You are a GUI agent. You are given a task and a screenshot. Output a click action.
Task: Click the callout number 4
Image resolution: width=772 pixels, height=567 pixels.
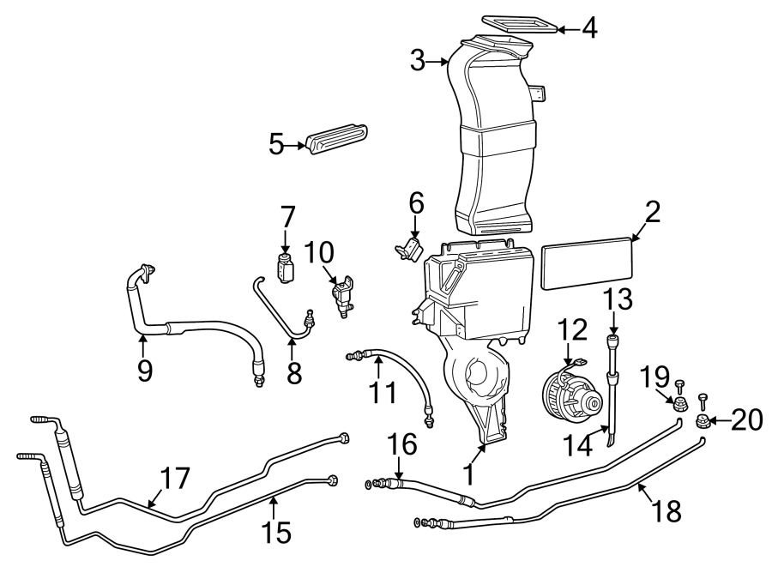coord(588,28)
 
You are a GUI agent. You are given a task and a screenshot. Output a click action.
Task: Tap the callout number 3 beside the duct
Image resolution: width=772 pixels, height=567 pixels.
coord(418,60)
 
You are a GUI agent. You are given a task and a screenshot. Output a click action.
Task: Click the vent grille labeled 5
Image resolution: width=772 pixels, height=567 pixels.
coord(337,141)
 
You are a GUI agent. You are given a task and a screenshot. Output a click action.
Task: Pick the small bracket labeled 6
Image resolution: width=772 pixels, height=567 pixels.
coord(408,249)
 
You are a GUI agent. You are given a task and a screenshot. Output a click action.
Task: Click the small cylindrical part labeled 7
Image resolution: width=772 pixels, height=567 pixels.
coord(286,268)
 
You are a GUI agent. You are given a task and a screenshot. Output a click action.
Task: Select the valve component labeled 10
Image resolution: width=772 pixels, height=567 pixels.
coord(343,293)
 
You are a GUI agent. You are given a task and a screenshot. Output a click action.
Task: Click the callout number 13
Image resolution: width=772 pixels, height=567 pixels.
coord(614,300)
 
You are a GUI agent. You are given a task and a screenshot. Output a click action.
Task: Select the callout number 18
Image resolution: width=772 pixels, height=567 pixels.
coord(666,511)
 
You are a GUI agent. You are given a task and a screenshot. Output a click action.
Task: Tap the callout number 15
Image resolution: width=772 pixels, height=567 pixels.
coord(275,532)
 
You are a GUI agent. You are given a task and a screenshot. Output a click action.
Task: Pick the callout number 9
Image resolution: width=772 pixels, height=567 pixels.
coord(144,370)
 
